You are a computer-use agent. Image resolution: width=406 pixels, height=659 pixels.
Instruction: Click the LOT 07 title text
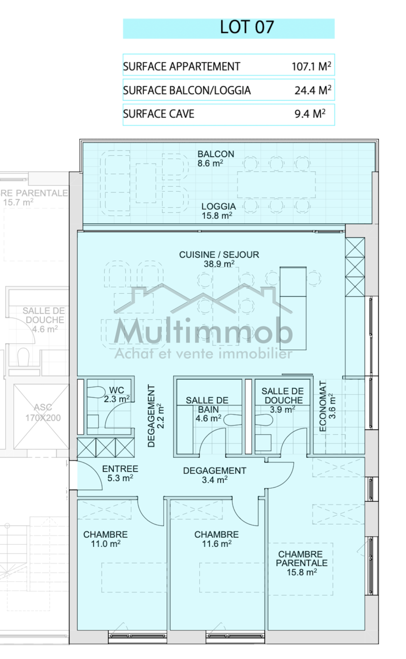[x=247, y=27]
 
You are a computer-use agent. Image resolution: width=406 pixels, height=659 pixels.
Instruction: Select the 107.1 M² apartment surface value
[x=311, y=66]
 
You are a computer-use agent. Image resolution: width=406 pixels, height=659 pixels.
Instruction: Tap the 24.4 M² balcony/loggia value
[x=313, y=90]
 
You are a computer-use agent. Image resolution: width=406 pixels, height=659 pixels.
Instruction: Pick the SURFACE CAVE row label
[x=159, y=114]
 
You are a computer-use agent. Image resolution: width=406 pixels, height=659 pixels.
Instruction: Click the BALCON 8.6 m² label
[x=216, y=159]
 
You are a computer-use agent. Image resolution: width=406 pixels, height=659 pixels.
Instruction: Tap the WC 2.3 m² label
[x=117, y=395]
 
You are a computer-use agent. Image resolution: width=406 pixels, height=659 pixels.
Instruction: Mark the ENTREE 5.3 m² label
[x=120, y=473]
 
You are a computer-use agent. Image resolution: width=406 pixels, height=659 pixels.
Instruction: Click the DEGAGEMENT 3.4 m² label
[x=214, y=475]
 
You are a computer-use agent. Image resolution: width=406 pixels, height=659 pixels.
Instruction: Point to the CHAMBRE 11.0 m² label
[x=106, y=539]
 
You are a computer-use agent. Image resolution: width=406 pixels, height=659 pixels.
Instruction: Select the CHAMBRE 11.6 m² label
[x=217, y=539]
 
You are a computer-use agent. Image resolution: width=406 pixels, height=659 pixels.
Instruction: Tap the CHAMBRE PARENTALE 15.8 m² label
[x=302, y=563]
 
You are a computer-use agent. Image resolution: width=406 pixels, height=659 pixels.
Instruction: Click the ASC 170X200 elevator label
[x=43, y=412]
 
